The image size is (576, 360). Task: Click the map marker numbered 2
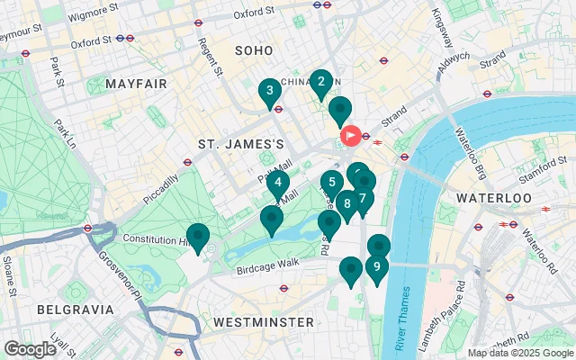[320, 84]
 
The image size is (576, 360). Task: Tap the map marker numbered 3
[268, 92]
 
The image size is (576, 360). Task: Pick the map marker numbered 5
[332, 184]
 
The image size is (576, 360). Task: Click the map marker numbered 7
[362, 199]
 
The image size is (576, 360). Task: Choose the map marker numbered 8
[346, 204]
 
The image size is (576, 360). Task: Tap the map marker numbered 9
[376, 267]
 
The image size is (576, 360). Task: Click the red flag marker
[350, 137]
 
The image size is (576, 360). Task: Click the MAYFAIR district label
[136, 84]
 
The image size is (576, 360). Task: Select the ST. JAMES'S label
[241, 144]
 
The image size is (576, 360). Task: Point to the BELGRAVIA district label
[76, 309]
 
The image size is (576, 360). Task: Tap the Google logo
[30, 348]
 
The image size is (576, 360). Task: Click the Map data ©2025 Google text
[519, 352]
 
